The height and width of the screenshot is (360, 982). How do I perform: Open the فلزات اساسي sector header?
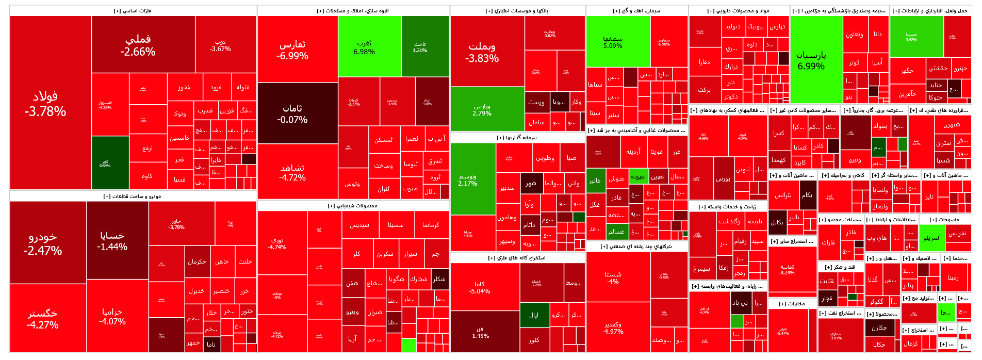(x=133, y=11)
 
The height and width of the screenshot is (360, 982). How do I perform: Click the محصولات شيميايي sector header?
(x=353, y=206)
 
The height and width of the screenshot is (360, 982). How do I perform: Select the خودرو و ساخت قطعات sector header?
(x=133, y=196)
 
